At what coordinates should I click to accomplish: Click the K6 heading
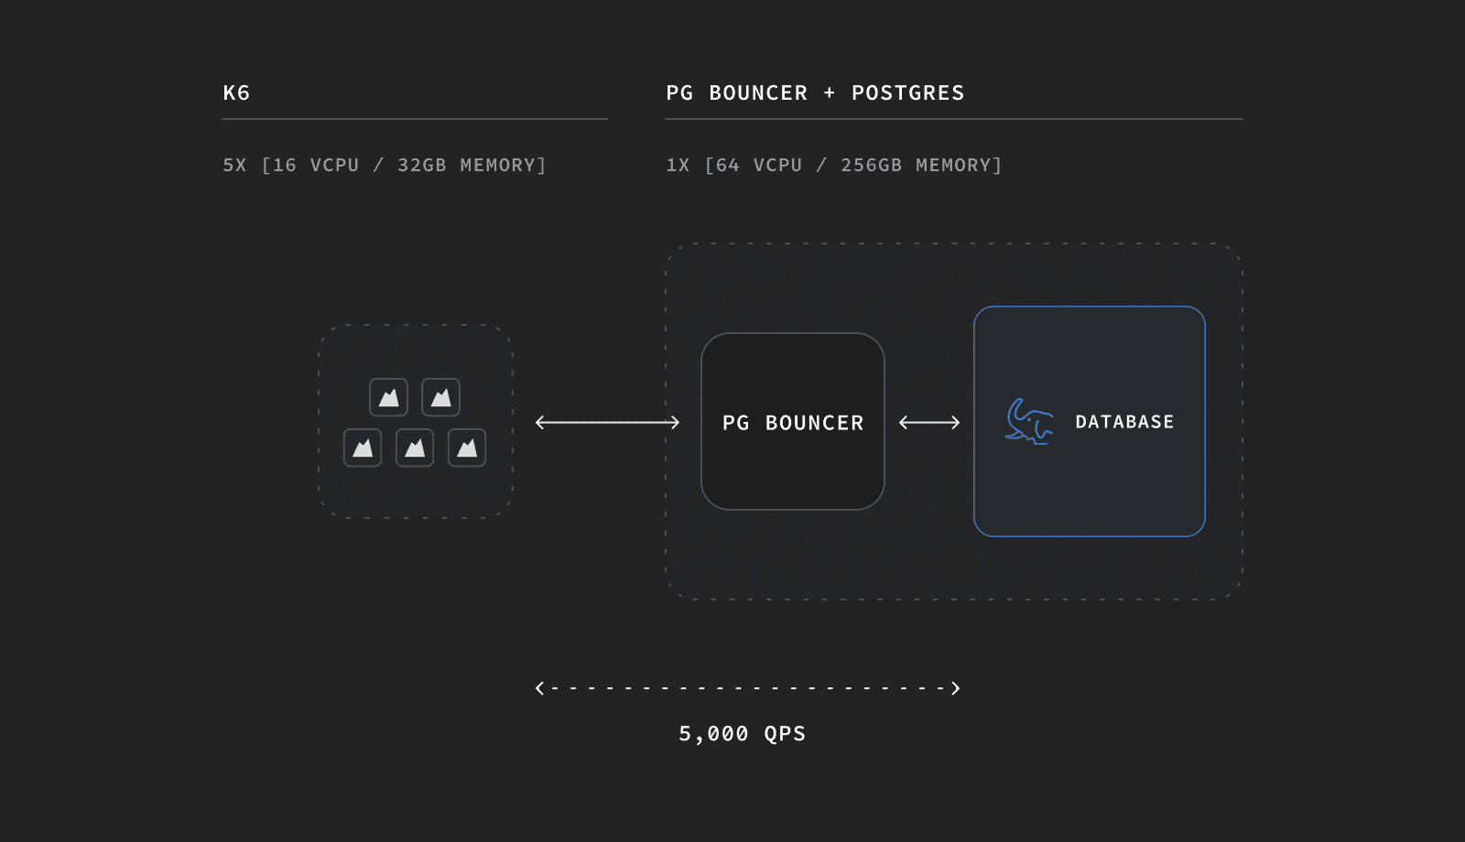click(236, 92)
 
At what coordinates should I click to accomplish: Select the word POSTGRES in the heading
click(907, 92)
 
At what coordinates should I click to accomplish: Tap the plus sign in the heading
click(830, 92)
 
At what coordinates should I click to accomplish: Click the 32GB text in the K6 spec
click(422, 165)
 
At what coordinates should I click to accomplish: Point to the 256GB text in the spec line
click(871, 165)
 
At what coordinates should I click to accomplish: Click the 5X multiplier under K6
click(234, 165)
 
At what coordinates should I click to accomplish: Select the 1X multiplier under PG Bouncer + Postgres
click(678, 165)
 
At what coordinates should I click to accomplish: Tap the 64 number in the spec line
click(728, 165)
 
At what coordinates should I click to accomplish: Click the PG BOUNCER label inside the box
click(793, 423)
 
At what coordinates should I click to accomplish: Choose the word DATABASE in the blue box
click(1124, 422)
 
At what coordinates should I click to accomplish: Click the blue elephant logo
click(1029, 422)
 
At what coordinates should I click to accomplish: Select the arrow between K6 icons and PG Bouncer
click(608, 422)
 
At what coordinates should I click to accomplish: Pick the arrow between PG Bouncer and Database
click(929, 422)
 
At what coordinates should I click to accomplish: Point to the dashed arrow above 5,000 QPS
click(747, 688)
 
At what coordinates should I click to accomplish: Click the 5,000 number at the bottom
click(713, 733)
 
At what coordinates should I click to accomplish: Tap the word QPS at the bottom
click(785, 733)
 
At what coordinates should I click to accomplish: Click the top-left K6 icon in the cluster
click(388, 397)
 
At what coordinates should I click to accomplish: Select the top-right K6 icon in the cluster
click(440, 397)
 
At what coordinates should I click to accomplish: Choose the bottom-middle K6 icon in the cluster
click(415, 448)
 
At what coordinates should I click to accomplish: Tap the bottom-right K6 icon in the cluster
click(467, 448)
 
